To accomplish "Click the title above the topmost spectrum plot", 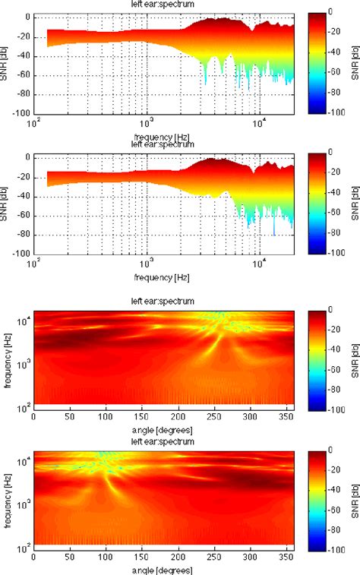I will tap(163, 4).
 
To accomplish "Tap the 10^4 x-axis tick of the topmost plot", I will tap(260, 122).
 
